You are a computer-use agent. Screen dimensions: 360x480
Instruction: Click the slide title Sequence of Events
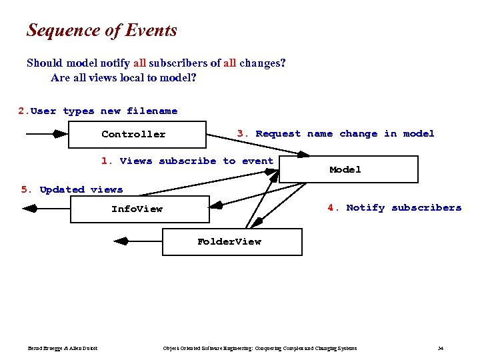point(102,31)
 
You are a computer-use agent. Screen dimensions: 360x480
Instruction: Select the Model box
point(348,169)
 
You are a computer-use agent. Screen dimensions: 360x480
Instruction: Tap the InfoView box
point(139,209)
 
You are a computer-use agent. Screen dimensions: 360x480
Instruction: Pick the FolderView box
point(232,241)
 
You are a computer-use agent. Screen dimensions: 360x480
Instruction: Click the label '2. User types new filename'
point(98,111)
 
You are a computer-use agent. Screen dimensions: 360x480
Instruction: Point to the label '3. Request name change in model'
point(335,133)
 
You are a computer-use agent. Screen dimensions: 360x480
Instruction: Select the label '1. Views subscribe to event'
point(187,161)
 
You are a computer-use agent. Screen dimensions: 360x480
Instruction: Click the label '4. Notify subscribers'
point(394,207)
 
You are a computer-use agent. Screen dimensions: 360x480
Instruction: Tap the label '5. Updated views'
point(72,189)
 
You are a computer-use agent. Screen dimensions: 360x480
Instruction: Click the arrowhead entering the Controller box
point(60,134)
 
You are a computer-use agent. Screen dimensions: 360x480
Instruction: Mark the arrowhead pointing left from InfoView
point(30,209)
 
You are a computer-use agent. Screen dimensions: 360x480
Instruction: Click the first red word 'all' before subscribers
point(139,63)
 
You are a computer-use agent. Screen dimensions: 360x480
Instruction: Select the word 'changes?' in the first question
point(263,63)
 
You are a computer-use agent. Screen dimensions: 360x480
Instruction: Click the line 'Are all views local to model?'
point(123,77)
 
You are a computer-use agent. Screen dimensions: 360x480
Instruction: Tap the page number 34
point(441,348)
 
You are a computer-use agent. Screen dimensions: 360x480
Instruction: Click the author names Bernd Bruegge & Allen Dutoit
point(63,348)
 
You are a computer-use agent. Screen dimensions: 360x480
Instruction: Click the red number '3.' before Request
point(243,133)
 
